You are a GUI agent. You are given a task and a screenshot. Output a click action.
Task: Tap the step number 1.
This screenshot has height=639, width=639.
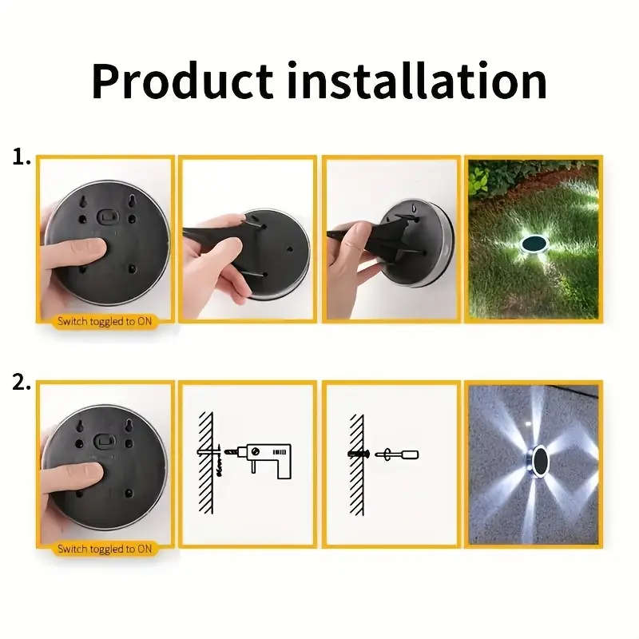click(x=20, y=157)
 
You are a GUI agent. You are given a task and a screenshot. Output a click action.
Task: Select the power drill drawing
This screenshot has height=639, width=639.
click(x=267, y=460)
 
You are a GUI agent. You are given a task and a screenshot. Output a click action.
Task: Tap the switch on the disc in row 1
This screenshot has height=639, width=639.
click(x=106, y=216)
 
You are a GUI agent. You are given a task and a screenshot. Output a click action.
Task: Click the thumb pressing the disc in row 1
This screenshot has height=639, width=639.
click(x=80, y=249)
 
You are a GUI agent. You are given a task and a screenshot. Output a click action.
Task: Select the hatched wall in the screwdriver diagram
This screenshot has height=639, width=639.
click(x=355, y=463)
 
